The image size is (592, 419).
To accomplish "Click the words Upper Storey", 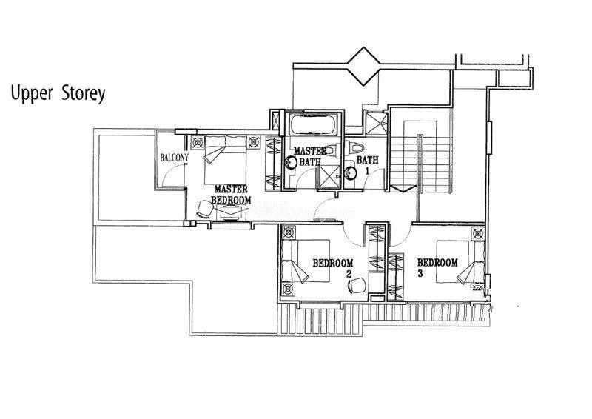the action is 58,94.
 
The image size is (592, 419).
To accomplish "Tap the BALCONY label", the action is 174,158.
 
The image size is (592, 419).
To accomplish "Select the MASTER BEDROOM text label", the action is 231,194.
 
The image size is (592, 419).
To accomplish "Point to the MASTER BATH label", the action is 310,156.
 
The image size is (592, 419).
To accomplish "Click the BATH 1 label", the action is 367,165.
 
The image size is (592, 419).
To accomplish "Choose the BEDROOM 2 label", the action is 334,267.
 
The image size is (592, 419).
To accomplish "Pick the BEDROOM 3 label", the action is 437,267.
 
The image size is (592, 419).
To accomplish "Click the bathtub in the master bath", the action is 312,124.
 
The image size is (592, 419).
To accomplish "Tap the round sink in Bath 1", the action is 351,172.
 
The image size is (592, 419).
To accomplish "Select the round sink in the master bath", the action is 291,162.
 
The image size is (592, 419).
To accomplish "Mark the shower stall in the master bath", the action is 329,176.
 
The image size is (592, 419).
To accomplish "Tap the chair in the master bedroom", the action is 206,209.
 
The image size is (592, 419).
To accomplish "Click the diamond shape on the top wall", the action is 363,67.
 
